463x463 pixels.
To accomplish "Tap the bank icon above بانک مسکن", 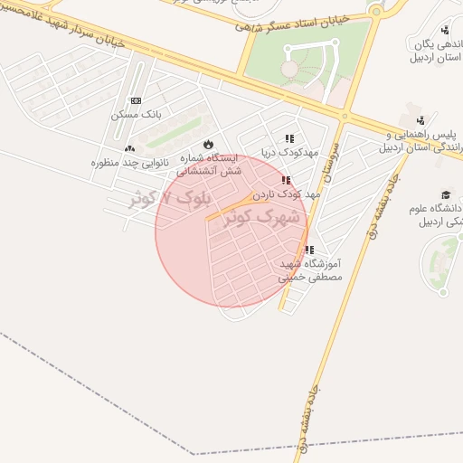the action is tap(136, 100).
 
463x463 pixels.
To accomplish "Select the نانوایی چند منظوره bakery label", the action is tap(126, 163).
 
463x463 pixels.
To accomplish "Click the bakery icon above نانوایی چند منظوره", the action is tap(129, 148).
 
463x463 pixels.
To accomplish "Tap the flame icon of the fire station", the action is tap(208, 143).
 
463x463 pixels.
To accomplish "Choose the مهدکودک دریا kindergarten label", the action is tap(286, 152).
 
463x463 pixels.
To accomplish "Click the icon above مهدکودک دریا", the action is tap(289, 138).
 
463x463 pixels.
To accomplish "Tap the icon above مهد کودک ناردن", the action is tap(286, 180).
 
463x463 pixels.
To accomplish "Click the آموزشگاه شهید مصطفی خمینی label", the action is tap(308, 270).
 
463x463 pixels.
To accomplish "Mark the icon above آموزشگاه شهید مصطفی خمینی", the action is tap(309, 250).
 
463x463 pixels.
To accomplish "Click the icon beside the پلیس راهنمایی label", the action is tap(420, 120).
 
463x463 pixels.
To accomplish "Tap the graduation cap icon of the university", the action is tap(445, 194).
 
